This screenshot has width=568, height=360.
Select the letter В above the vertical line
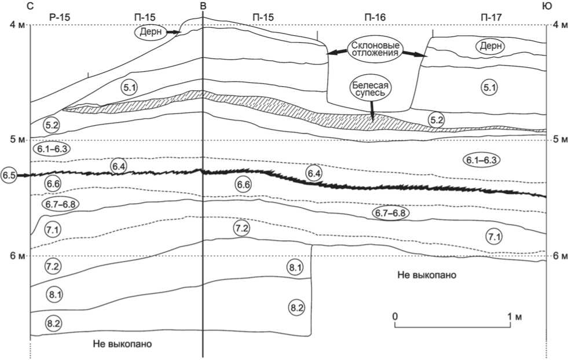pos(203,6)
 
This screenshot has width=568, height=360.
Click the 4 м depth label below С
pos(17,25)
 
